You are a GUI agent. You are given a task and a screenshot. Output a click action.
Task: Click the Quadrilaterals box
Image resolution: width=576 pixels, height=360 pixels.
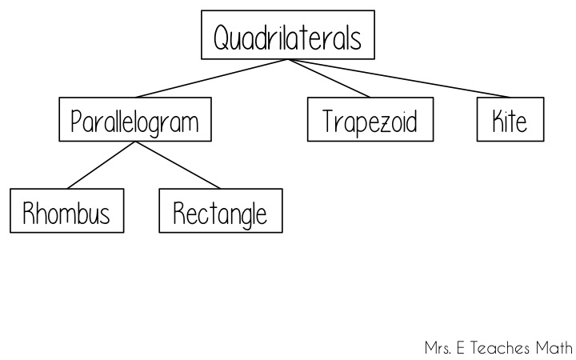(288, 35)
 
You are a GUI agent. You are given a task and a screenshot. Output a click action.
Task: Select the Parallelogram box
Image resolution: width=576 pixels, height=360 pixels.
(135, 119)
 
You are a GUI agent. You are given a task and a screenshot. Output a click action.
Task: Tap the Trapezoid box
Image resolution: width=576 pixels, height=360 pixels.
(370, 119)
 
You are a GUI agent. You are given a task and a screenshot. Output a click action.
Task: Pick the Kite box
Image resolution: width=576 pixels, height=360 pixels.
(510, 119)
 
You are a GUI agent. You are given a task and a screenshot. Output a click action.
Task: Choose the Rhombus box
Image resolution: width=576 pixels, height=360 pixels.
(67, 210)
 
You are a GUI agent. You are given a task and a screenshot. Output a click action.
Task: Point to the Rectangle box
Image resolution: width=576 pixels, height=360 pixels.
(221, 210)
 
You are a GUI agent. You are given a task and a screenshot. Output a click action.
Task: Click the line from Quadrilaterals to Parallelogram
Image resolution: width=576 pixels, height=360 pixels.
(212, 78)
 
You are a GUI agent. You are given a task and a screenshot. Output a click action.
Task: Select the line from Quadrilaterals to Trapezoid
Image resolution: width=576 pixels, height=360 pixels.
(329, 78)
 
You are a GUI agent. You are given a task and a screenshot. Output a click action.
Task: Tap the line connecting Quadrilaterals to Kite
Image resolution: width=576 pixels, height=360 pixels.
(399, 78)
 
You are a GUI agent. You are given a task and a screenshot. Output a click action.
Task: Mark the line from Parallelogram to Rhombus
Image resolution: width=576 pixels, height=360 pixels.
(102, 165)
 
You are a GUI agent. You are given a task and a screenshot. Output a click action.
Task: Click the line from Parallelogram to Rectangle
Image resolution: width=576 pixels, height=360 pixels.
(178, 165)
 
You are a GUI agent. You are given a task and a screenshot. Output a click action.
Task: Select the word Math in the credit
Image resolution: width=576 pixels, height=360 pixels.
(554, 348)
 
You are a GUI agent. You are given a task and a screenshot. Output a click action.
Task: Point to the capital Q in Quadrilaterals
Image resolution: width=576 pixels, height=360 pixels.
(221, 38)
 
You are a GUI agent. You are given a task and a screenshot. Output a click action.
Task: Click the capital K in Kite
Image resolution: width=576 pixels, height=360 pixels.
(498, 121)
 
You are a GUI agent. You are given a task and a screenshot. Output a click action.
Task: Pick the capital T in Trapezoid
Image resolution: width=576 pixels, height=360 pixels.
(329, 121)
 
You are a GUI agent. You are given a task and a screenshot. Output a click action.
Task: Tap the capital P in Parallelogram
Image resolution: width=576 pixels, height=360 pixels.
(76, 121)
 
